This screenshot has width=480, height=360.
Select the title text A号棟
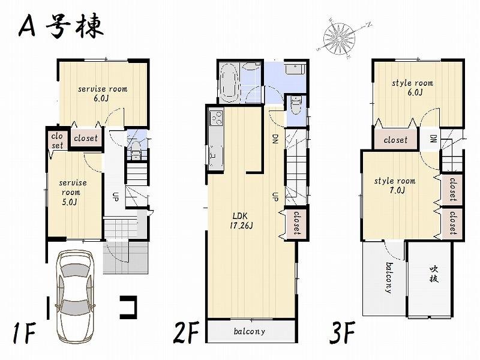pyautogui.click(x=60, y=27)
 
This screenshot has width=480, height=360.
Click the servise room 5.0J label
pyautogui.click(x=72, y=192)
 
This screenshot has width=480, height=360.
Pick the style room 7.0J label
pyautogui.click(x=395, y=185)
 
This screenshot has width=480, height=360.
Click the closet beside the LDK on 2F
pyautogui.click(x=296, y=223)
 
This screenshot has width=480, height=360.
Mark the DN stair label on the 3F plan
pyautogui.click(x=433, y=139)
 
